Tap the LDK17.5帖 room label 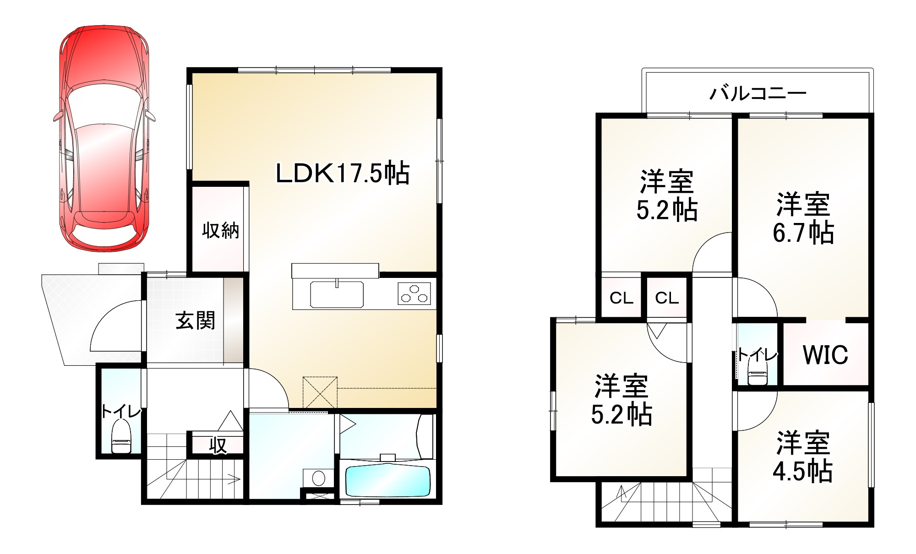pos(342,173)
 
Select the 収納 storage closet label pos(221,230)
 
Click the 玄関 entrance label pos(196,320)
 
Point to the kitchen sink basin pos(337,294)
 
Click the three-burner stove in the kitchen pos(414,293)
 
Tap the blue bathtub pos(388,480)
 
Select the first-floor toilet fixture pos(121,438)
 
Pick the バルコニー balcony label pos(758,93)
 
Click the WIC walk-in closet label pos(825,354)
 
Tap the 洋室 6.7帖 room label pos(803,218)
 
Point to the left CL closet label pos(621,299)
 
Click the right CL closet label pos(666,299)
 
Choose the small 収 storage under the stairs pos(218,445)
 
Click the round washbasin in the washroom pos(318,478)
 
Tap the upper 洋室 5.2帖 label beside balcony pos(667,196)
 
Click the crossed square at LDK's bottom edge pos(320,393)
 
